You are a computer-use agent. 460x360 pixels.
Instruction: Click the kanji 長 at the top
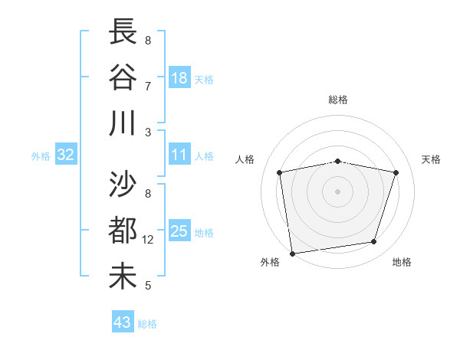pos(123,33)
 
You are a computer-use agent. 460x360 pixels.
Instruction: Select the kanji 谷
pos(123,78)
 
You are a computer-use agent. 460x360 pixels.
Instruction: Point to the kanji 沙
pos(123,186)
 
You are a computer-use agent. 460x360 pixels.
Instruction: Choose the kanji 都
pos(123,231)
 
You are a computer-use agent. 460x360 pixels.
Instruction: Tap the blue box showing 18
pos(179,77)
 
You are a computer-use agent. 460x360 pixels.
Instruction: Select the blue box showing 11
pos(179,155)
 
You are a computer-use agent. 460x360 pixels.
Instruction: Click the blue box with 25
pos(179,231)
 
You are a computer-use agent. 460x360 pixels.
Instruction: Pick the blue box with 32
pos(66,155)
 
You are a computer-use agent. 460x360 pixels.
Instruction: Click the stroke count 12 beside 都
pos(149,240)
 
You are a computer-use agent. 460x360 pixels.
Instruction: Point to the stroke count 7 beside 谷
pos(148,87)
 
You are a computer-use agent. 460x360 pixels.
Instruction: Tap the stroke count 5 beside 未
pos(148,286)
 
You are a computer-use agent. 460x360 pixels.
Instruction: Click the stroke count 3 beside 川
pos(148,132)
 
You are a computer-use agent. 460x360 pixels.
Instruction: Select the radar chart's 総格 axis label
pos(338,100)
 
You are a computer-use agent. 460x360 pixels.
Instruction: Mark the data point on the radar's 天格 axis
pos(396,172)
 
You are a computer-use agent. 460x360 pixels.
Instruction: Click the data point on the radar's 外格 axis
pos(292,253)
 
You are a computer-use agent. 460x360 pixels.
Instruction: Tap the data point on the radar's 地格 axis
pos(374,241)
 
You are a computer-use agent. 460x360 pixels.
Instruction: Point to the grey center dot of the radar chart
pos(338,191)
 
